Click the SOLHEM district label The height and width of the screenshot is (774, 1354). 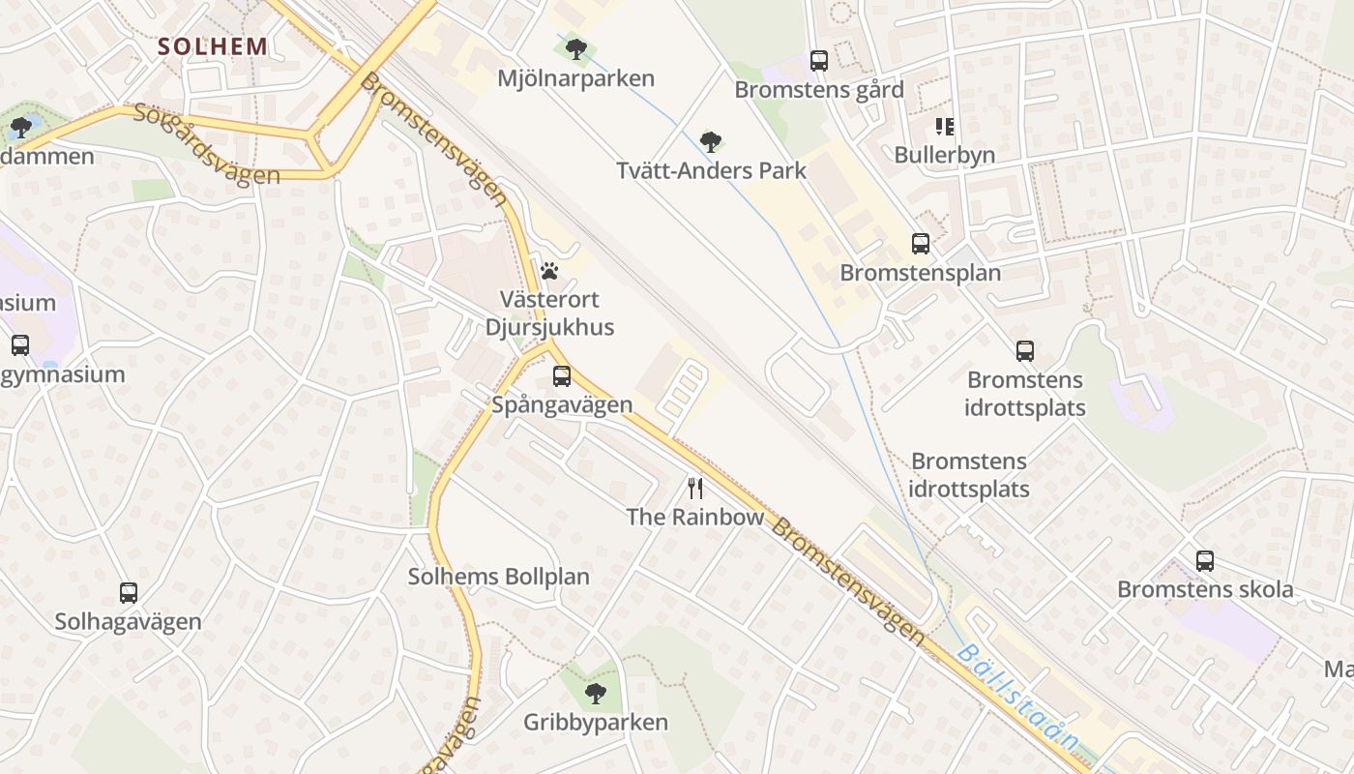pyautogui.click(x=212, y=45)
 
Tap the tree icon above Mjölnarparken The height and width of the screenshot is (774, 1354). pyautogui.click(x=576, y=47)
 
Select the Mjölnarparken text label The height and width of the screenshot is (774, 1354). pyautogui.click(x=575, y=78)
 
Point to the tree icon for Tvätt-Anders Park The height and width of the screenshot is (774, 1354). pyautogui.click(x=711, y=142)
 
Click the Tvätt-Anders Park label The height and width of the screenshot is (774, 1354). pyautogui.click(x=711, y=171)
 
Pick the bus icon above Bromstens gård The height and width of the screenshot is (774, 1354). pyautogui.click(x=819, y=61)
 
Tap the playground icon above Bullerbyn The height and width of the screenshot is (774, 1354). pyautogui.click(x=944, y=126)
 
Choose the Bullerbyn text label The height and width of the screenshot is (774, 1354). pyautogui.click(x=944, y=155)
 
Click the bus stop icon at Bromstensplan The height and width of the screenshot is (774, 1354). pyautogui.click(x=920, y=244)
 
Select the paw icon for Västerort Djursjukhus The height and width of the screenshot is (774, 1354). pyautogui.click(x=549, y=271)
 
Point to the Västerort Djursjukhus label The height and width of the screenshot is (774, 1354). pyautogui.click(x=556, y=313)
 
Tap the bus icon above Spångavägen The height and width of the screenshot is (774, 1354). pyautogui.click(x=562, y=376)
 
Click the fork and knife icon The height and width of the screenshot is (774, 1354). pyautogui.click(x=694, y=488)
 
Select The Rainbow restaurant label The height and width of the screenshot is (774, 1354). pyautogui.click(x=694, y=518)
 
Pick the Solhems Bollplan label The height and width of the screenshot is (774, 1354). pyautogui.click(x=498, y=578)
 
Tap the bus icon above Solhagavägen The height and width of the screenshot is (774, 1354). pyautogui.click(x=128, y=593)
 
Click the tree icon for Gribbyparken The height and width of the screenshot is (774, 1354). pyautogui.click(x=596, y=693)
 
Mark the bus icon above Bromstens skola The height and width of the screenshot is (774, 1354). pyautogui.click(x=1205, y=560)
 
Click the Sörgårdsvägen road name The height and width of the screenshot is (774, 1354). pyautogui.click(x=207, y=145)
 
